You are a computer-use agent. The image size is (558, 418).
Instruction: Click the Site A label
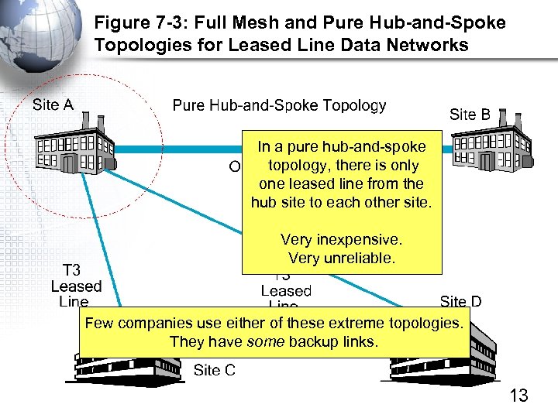click(53, 104)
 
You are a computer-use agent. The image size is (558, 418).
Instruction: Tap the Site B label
click(470, 115)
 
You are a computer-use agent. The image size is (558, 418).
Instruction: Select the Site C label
click(214, 370)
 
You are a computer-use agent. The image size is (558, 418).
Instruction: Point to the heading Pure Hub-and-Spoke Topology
click(279, 104)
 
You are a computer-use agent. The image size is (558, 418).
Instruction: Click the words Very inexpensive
click(342, 239)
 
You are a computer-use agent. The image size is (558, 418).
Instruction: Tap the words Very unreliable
click(342, 258)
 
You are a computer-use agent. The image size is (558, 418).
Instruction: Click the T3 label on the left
click(71, 270)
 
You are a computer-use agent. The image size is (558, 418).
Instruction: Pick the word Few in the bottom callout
click(99, 322)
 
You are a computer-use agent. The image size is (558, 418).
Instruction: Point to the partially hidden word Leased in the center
click(285, 291)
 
